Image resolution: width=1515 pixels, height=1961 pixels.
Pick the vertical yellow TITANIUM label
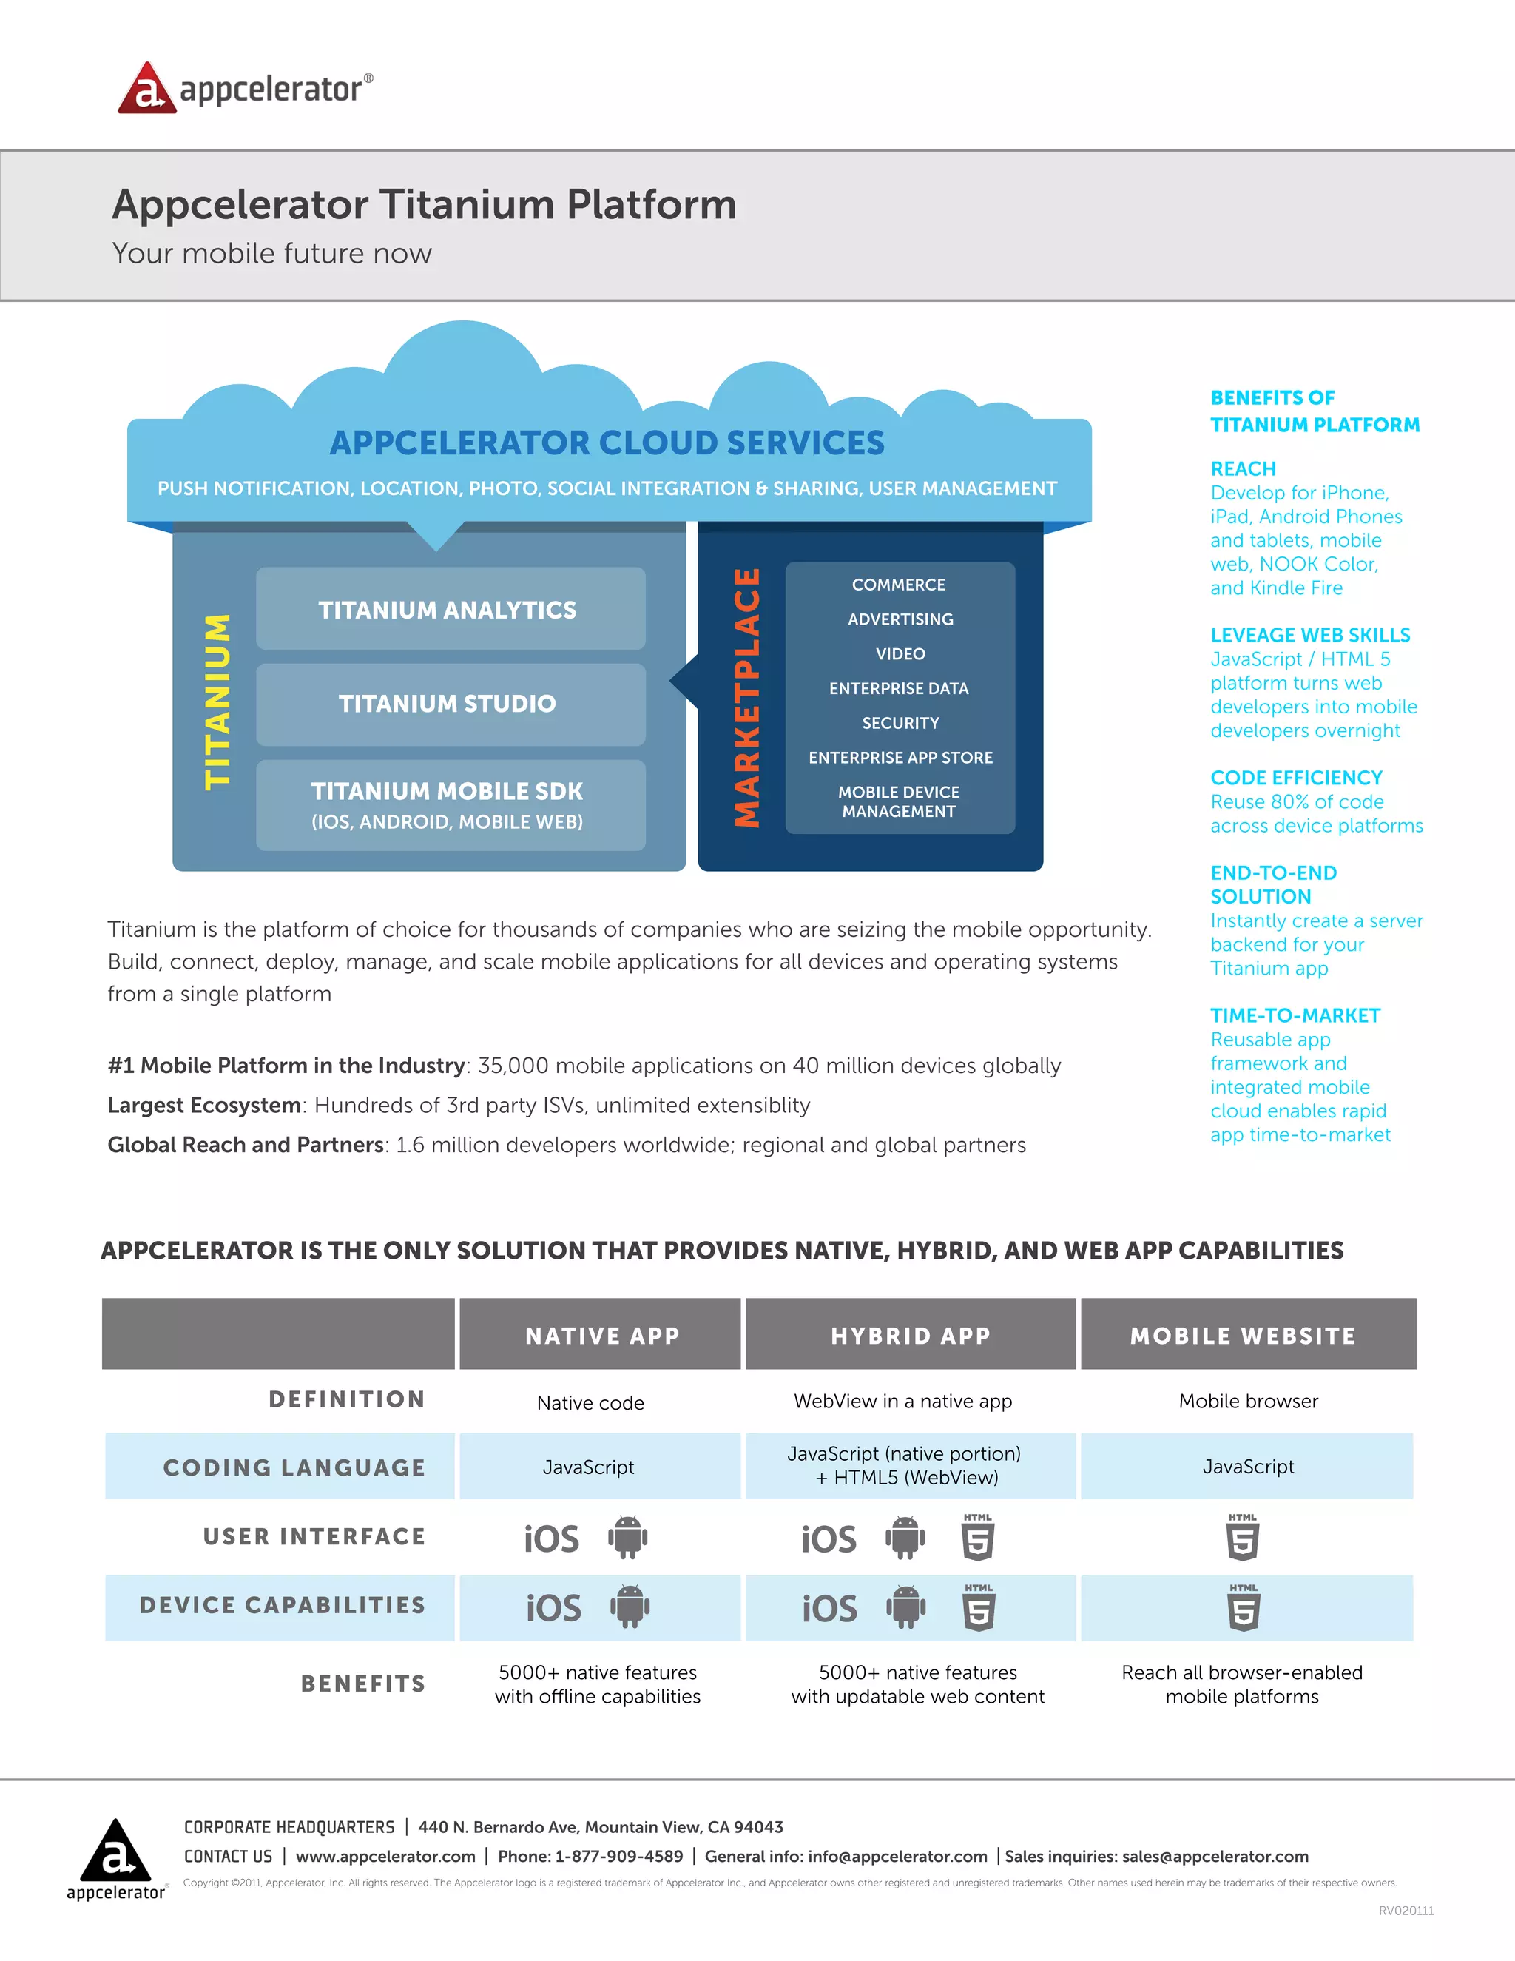tap(218, 702)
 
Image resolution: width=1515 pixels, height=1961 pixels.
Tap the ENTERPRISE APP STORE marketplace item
tap(900, 758)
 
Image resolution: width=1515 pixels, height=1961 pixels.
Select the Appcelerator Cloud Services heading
tap(607, 443)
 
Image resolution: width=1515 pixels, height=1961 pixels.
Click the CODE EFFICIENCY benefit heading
tap(1296, 778)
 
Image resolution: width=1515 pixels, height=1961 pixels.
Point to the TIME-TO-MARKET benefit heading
tap(1295, 1015)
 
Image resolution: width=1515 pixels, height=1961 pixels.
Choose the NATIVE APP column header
tap(601, 1336)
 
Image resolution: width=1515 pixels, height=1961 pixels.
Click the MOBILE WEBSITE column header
tap(1243, 1336)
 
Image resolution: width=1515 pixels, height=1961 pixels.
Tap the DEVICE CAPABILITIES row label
tap(282, 1606)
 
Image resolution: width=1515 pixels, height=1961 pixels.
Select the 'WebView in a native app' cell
tap(903, 1402)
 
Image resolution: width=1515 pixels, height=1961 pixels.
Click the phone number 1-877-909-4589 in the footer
tap(618, 1857)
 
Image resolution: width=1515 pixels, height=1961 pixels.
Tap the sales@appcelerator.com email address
tap(1215, 1857)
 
